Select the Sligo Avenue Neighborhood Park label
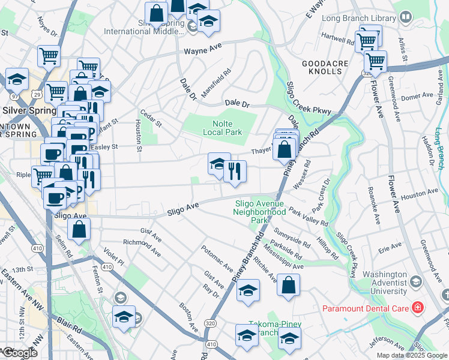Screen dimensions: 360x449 pos(260,212)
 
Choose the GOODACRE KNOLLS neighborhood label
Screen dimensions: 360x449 pos(322,67)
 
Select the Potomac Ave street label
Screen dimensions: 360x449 pos(217,258)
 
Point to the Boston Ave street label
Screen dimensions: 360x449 pos(189,317)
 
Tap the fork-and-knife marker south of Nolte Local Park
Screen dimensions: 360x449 pos(235,172)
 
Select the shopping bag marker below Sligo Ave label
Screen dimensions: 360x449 pos(79,229)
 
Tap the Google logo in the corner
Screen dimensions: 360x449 pos(19,353)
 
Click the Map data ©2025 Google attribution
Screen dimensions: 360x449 pos(411,355)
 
